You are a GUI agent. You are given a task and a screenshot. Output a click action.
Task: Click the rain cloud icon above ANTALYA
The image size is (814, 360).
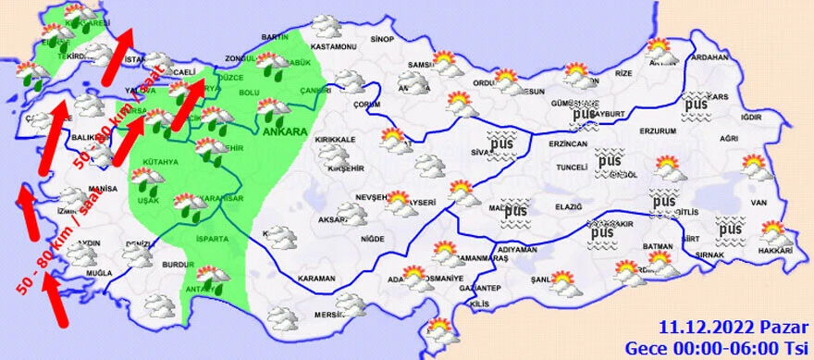(213, 278)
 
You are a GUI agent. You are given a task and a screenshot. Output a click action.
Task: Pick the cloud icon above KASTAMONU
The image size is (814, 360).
(325, 26)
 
